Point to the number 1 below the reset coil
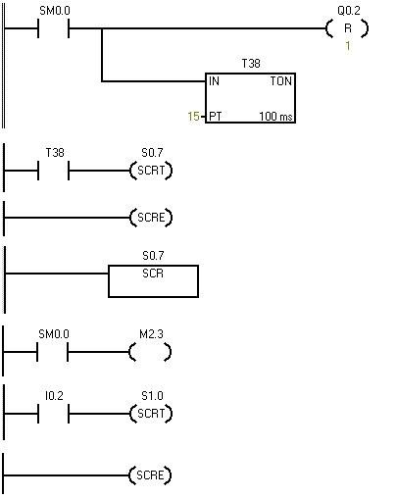(347, 47)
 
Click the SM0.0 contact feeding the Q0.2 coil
(54, 28)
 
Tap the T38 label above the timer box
(250, 63)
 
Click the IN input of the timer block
(215, 82)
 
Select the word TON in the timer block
(280, 82)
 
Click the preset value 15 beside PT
(194, 117)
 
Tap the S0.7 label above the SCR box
(152, 256)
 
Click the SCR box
(152, 280)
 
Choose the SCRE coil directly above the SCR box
(150, 218)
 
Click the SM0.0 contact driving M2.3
(54, 351)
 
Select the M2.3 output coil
(150, 351)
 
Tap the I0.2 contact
(54, 414)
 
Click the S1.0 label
(151, 396)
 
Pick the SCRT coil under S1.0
(150, 414)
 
